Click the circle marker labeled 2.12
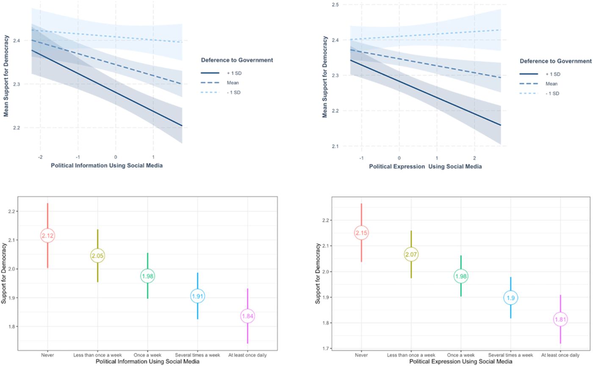[x=47, y=235]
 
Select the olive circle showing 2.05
[x=98, y=256]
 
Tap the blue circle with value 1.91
[x=198, y=296]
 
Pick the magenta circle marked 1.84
[x=248, y=316]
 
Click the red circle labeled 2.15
[x=361, y=233]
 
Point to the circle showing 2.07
[x=411, y=254]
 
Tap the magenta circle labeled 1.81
[x=560, y=319]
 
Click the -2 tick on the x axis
[x=40, y=156]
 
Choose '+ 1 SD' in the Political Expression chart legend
[x=552, y=73]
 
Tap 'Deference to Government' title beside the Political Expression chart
[x=555, y=61]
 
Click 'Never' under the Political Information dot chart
[x=47, y=355]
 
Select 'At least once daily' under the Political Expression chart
[x=560, y=355]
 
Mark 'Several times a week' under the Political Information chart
[x=198, y=355]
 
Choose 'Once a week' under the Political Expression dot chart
[x=461, y=355]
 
